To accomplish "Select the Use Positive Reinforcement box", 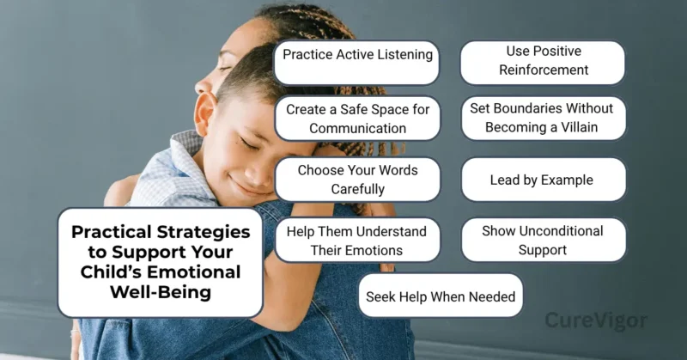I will click(x=543, y=62).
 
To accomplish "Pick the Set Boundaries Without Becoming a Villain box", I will click(x=543, y=119).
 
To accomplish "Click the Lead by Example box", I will click(x=543, y=180).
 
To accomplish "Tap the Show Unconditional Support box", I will click(x=543, y=240).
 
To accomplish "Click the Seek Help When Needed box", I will click(x=441, y=297).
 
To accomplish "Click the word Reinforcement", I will click(x=543, y=70).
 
